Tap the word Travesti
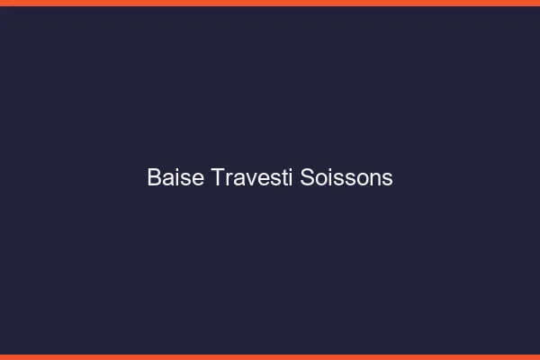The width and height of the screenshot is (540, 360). (253, 177)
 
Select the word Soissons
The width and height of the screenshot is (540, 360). (346, 177)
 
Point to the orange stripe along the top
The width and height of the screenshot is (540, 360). (270, 3)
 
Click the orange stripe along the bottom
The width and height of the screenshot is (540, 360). (270, 356)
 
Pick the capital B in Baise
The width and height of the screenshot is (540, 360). (154, 177)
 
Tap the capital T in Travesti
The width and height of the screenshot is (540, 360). (219, 177)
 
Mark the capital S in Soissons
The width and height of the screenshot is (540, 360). (307, 177)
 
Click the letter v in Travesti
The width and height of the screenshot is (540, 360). (247, 179)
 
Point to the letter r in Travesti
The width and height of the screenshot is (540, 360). (229, 179)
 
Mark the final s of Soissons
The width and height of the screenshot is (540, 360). (388, 179)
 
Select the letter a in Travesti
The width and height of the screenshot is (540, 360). (238, 179)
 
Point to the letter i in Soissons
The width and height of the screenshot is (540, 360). (329, 177)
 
